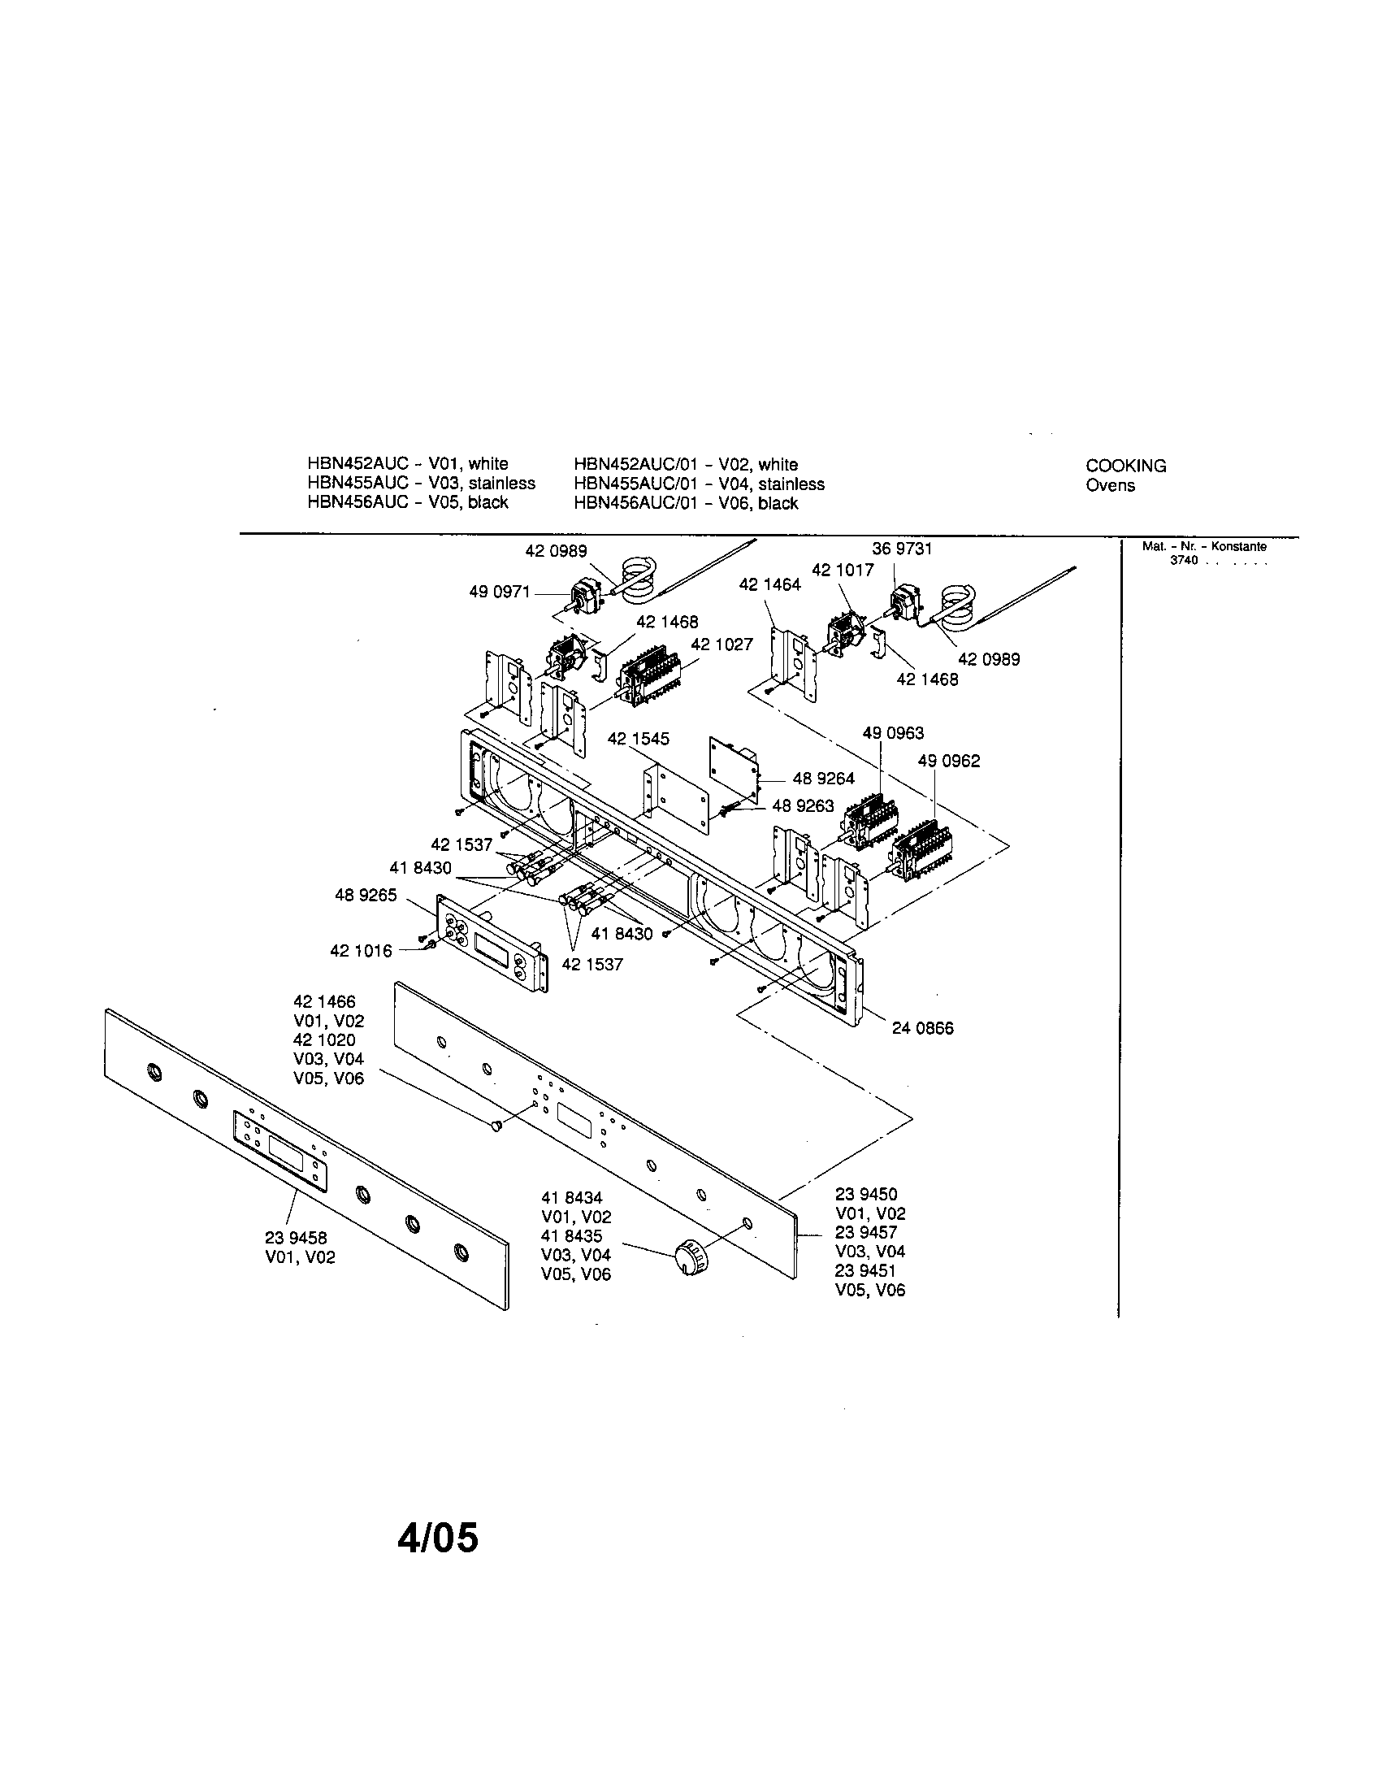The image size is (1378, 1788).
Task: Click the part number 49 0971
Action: [x=499, y=592]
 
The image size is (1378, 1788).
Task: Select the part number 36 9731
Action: [x=902, y=549]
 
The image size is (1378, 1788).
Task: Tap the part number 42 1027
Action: [x=721, y=644]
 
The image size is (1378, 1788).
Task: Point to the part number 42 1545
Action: [x=639, y=739]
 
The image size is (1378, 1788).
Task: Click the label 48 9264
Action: [x=823, y=779]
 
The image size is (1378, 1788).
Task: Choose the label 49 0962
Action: [x=948, y=761]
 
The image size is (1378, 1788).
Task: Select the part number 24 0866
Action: [x=922, y=1028]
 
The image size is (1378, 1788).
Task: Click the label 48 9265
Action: [x=366, y=895]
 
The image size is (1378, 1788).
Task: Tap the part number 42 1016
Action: [x=361, y=951]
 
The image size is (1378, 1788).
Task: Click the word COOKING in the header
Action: [x=1125, y=466]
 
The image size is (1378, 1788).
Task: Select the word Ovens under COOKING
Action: [x=1110, y=485]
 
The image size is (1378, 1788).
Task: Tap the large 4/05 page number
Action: [x=438, y=1538]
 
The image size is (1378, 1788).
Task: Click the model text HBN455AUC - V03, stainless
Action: [x=421, y=484]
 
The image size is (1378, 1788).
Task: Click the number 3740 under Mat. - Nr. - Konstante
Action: [x=1183, y=561]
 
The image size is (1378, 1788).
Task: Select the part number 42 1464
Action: [x=769, y=584]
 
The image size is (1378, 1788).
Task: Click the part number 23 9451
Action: [x=866, y=1270]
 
